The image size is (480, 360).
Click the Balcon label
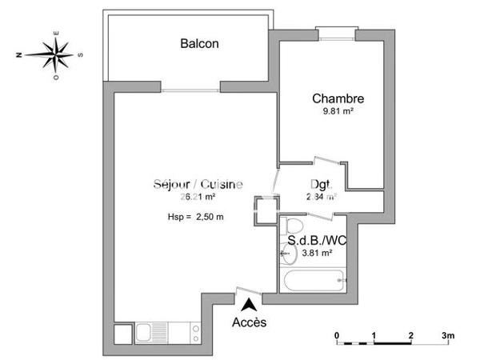pyautogui.click(x=199, y=44)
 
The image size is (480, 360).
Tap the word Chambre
pyautogui.click(x=338, y=100)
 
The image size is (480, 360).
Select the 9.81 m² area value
pyautogui.click(x=338, y=113)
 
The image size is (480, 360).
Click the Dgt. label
pyautogui.click(x=320, y=183)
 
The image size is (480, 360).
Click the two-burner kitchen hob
pyautogui.click(x=192, y=332)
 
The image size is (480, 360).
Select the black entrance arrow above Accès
pyautogui.click(x=250, y=304)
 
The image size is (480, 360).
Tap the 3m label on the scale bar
pyautogui.click(x=447, y=334)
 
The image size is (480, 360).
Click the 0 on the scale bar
pyautogui.click(x=338, y=334)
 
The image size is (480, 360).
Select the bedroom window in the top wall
pyautogui.click(x=333, y=32)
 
